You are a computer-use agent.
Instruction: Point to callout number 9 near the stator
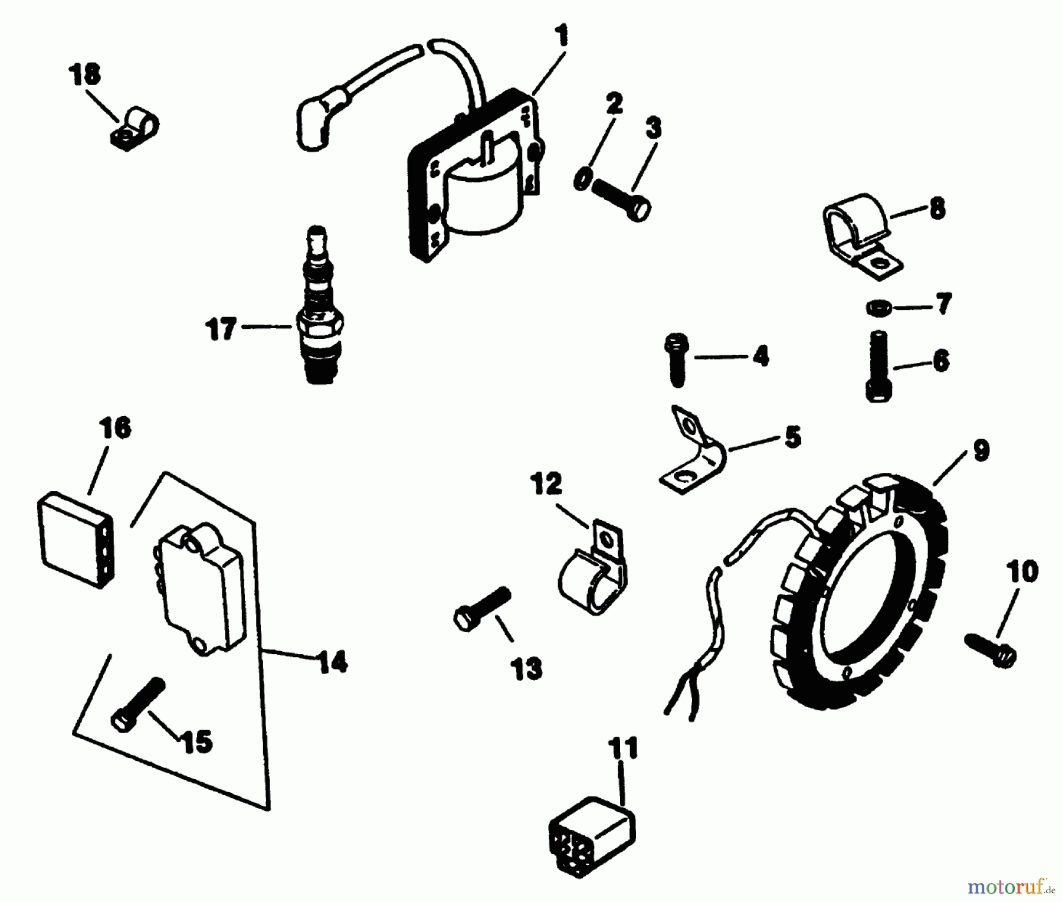click(x=980, y=452)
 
